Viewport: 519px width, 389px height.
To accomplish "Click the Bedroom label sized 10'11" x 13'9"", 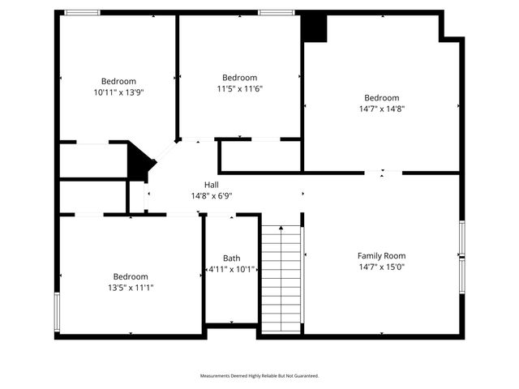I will pyautogui.click(x=118, y=81).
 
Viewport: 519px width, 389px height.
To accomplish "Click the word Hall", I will pyautogui.click(x=211, y=185).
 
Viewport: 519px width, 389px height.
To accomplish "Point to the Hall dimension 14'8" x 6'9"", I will pyautogui.click(x=211, y=195).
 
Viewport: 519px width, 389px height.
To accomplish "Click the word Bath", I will pyautogui.click(x=232, y=259).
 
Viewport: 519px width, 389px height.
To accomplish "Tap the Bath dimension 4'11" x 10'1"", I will pyautogui.click(x=232, y=269).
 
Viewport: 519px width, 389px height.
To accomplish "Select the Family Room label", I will pyautogui.click(x=381, y=256).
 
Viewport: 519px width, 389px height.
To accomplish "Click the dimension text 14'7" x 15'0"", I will pyautogui.click(x=381, y=267).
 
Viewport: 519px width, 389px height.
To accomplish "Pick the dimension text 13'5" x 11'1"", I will pyautogui.click(x=131, y=286).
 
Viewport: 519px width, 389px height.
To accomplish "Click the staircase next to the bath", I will pyautogui.click(x=281, y=276).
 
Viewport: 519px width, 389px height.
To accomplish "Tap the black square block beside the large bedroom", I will pyautogui.click(x=314, y=28).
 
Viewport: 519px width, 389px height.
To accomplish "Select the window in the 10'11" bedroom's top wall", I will pyautogui.click(x=82, y=12).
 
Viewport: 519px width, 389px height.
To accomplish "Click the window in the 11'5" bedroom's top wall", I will pyautogui.click(x=277, y=12).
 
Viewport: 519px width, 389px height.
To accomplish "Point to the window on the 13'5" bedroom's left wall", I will pyautogui.click(x=57, y=312).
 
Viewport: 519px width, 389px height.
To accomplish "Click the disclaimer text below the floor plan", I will pyautogui.click(x=259, y=376).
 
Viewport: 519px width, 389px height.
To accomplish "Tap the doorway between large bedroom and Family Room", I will pyautogui.click(x=382, y=172).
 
